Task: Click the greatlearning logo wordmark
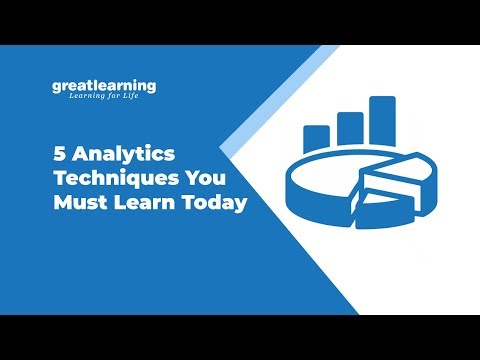pyautogui.click(x=104, y=86)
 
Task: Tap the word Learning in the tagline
pyautogui.click(x=86, y=98)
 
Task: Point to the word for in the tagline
pyautogui.click(x=117, y=98)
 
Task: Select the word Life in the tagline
pyautogui.click(x=135, y=98)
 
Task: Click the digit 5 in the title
pyautogui.click(x=59, y=157)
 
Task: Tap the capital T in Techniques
pyautogui.click(x=59, y=181)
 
